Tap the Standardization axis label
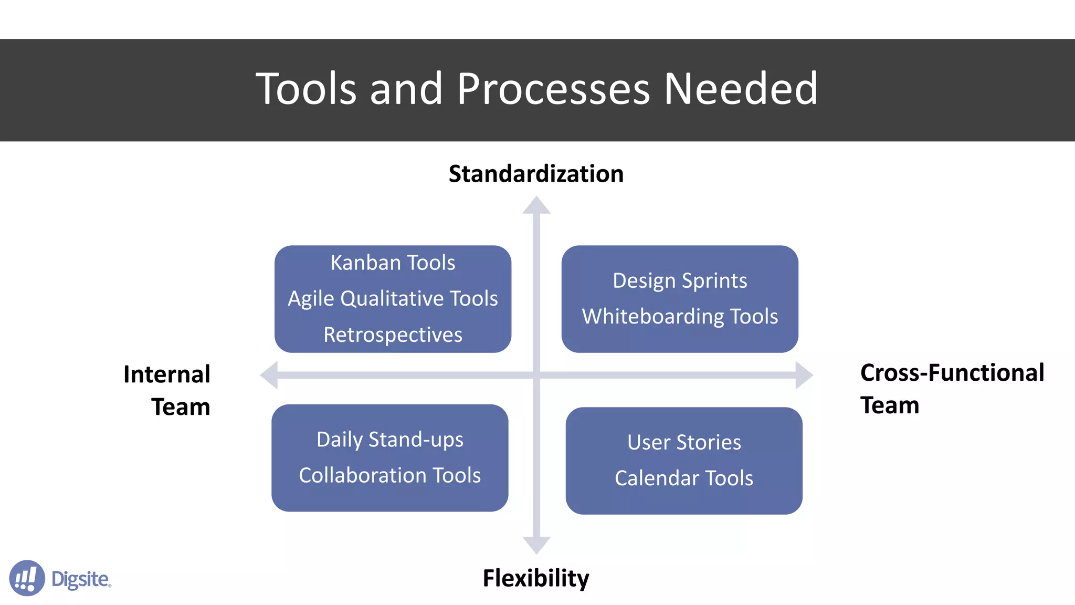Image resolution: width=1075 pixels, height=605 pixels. pos(536,174)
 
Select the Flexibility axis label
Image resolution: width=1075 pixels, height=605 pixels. pos(536,578)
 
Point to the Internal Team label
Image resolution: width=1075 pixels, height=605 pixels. pos(167,390)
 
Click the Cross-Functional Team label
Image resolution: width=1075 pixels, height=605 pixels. pos(952,389)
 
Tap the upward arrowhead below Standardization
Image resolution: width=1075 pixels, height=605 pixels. pos(536,205)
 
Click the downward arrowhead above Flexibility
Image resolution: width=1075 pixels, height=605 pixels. pos(536,545)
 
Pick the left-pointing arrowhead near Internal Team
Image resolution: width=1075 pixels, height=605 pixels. pos(269,375)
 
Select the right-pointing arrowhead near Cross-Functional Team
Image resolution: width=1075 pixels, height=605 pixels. pos(804,375)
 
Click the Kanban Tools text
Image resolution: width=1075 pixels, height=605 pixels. pos(393,263)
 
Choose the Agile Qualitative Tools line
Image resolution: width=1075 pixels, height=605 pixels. pos(393,299)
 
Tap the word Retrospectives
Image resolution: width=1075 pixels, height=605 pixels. pos(393,335)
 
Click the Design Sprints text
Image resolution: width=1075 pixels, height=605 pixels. pos(680,281)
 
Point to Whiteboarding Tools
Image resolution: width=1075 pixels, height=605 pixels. pos(680,317)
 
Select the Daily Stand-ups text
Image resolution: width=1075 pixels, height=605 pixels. pos(390,440)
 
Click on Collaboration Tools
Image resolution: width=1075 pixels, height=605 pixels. pos(390,475)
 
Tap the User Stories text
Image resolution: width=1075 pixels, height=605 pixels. pos(684,442)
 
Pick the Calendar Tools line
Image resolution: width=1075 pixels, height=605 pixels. pos(684,478)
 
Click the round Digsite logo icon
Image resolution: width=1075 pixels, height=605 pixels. pos(27,578)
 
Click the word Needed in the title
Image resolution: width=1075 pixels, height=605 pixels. pos(741,89)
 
